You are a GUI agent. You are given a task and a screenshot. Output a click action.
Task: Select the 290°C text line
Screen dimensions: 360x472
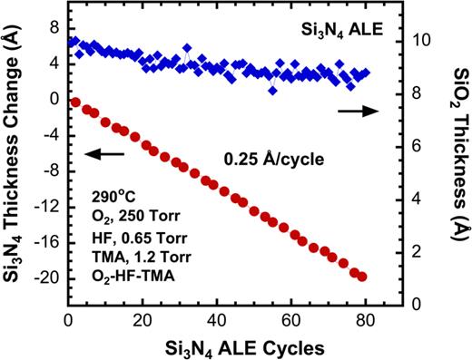click(113, 195)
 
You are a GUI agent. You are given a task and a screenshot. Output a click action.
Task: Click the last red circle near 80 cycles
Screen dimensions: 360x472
click(362, 276)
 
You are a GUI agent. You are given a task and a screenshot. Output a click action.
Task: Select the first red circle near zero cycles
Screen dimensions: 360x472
click(75, 102)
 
